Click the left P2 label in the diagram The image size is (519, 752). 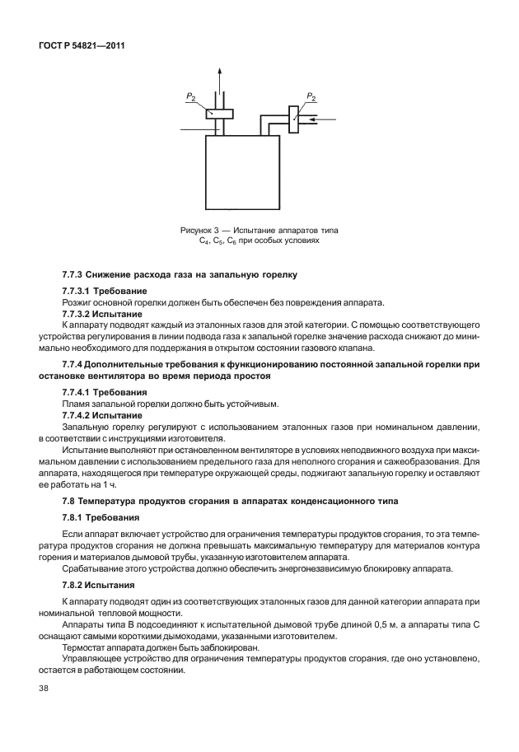[190, 97]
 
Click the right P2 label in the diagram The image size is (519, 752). [311, 97]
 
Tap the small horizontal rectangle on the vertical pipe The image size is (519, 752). [219, 114]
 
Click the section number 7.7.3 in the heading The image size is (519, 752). [77, 273]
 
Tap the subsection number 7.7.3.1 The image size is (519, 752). [80, 292]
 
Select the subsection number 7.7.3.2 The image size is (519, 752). [80, 315]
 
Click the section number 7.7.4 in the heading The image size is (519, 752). [77, 364]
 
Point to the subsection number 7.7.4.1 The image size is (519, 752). [80, 392]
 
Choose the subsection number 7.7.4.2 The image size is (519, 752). [80, 415]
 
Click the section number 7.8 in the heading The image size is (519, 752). [72, 502]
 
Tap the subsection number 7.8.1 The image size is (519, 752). [75, 520]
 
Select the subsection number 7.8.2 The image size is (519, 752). [75, 587]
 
